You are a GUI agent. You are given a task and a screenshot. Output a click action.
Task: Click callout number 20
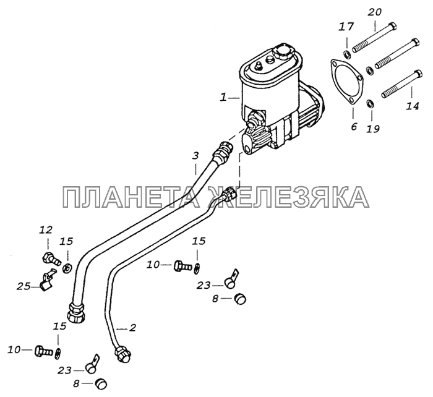click(375, 12)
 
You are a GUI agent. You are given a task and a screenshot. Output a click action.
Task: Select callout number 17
click(346, 27)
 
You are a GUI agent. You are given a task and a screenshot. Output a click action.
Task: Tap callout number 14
click(413, 106)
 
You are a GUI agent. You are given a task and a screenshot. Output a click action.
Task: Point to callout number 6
click(354, 126)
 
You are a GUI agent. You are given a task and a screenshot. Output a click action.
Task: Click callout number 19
click(373, 129)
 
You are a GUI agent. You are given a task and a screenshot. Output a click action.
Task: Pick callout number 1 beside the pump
click(223, 98)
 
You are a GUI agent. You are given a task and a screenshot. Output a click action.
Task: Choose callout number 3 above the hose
click(195, 156)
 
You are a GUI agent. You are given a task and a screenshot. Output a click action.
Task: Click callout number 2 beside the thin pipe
click(132, 328)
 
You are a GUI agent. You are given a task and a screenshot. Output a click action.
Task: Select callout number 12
click(46, 229)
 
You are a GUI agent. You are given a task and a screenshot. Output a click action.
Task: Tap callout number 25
click(23, 286)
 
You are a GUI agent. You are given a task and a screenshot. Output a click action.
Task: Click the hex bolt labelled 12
click(51, 258)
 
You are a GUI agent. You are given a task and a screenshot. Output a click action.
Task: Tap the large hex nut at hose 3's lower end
click(75, 313)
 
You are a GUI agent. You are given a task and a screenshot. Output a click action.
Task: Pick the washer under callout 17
click(348, 54)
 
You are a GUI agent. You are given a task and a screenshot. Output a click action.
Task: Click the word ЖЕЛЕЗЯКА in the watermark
click(288, 197)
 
